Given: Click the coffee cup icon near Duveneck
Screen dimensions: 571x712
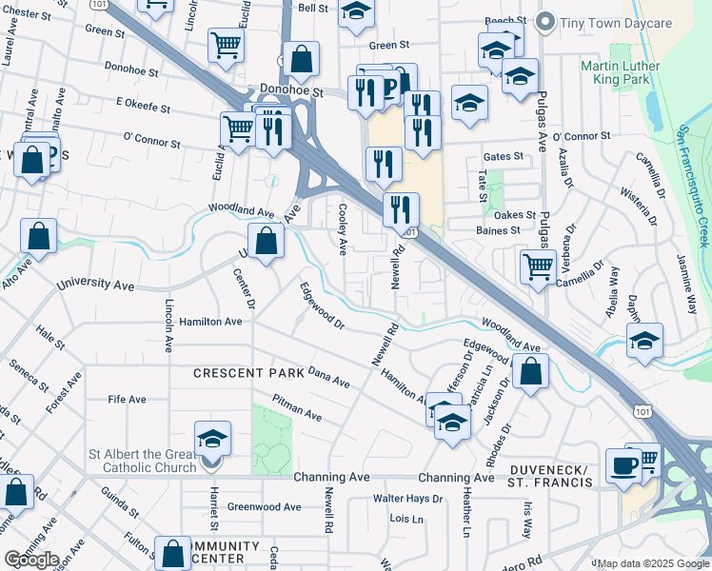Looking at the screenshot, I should point(624,465).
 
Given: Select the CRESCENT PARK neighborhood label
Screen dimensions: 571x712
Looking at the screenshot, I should point(248,373).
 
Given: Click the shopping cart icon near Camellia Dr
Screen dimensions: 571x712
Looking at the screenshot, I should point(539,266).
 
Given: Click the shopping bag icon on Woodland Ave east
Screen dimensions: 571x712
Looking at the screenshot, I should point(530,372).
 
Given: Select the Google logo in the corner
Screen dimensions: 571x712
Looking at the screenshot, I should point(30,560).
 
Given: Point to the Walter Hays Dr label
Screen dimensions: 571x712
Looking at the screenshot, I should point(407,498).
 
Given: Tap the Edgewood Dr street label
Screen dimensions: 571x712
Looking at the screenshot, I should point(322,305).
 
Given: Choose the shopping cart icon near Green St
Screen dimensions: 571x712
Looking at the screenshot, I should point(227,44).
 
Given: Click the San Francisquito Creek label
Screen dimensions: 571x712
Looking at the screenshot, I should point(694,186).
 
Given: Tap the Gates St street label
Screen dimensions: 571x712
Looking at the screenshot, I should point(504,156).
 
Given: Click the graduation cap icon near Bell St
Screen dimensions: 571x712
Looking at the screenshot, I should point(357,13).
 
